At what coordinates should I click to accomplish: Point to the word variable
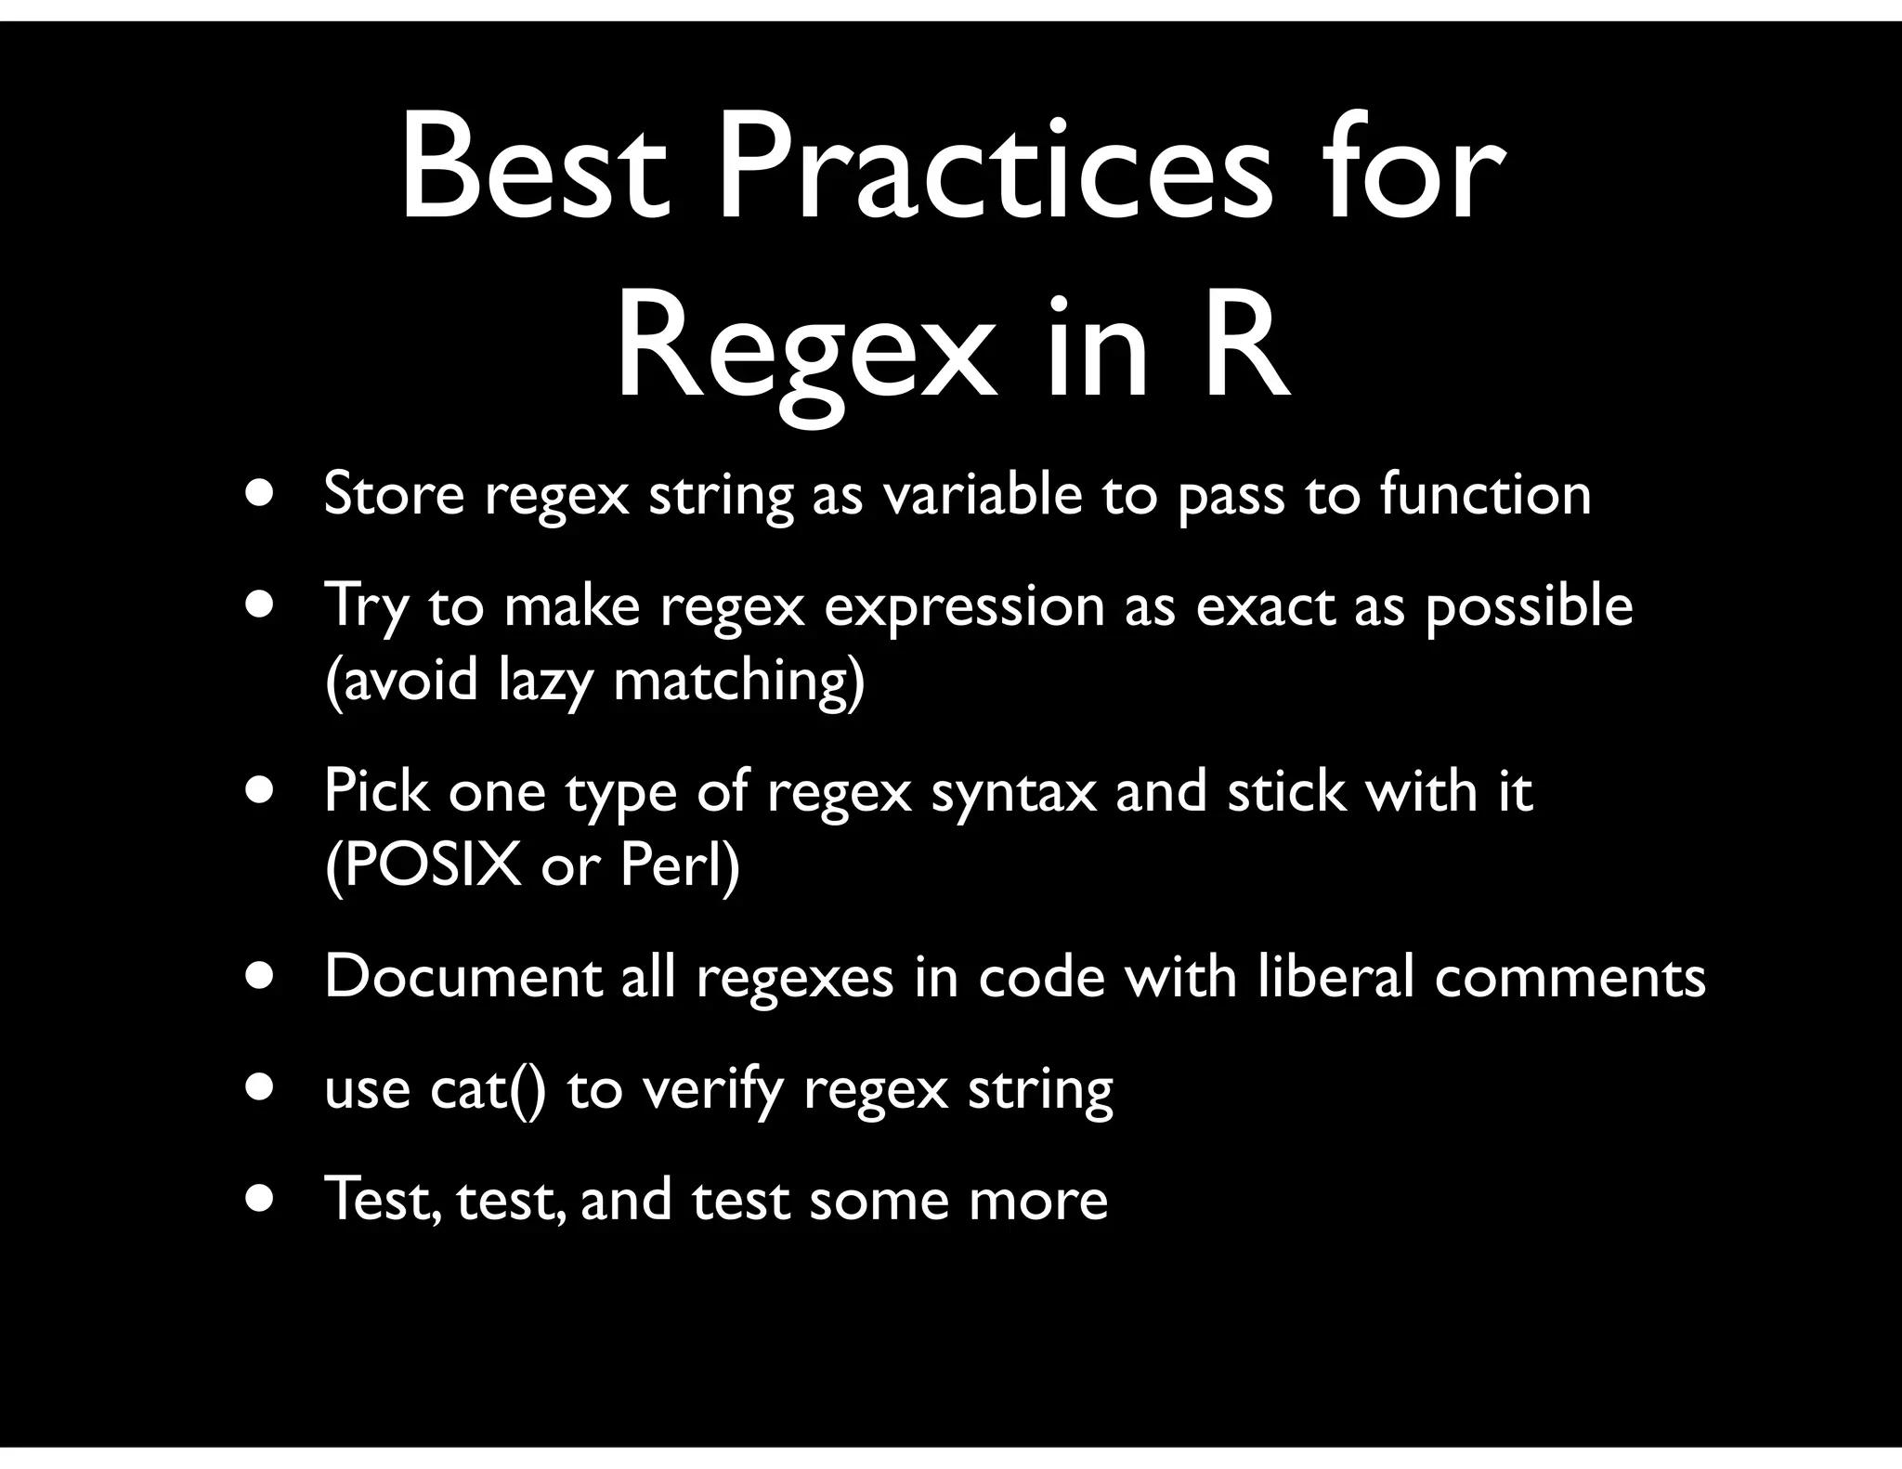(x=982, y=494)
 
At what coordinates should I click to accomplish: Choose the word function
(x=1485, y=494)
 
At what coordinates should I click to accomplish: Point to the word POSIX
(x=423, y=866)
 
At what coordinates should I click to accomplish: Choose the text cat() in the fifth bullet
(x=488, y=1089)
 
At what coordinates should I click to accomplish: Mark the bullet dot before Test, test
(x=260, y=1198)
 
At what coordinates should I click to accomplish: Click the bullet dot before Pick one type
(x=260, y=791)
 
